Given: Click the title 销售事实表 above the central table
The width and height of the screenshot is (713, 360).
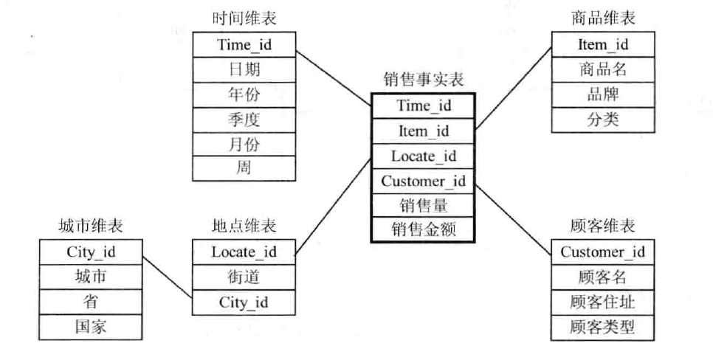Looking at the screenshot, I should (424, 80).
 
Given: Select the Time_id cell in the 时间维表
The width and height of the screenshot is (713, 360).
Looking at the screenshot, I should (244, 44).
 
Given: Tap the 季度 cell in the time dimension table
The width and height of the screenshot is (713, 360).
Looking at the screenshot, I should (244, 119).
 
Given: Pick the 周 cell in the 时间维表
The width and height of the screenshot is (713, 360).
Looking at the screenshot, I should (244, 168).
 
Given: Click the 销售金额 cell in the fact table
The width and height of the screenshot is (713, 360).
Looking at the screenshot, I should (424, 229).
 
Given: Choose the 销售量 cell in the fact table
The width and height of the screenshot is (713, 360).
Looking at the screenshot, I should (424, 204).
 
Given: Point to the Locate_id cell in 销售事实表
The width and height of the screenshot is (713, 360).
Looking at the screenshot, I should (424, 156).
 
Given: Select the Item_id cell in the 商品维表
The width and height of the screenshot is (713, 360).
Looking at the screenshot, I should (603, 44).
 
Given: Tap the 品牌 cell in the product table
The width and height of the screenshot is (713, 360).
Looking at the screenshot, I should (603, 94).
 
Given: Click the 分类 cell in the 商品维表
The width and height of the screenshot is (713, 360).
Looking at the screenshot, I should (603, 120).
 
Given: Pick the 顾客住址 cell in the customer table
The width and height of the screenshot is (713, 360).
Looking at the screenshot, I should (603, 302).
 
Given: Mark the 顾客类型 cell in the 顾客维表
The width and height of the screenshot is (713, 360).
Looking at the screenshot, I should (603, 327).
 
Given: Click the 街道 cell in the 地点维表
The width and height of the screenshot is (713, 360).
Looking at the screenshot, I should (244, 277).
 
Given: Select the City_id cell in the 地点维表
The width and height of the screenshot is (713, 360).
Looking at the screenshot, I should (244, 302).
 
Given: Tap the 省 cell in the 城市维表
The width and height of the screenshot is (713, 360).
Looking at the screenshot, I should (89, 302).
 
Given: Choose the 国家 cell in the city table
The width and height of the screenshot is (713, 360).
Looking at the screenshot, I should (89, 327).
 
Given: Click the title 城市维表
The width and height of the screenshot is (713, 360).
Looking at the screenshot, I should (89, 226).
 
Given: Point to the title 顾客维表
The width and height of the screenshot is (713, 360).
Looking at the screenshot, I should (603, 226).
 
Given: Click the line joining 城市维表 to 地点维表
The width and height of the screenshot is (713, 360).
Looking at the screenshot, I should (168, 277).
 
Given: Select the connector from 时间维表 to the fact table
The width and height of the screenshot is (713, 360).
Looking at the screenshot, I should (333, 79).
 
